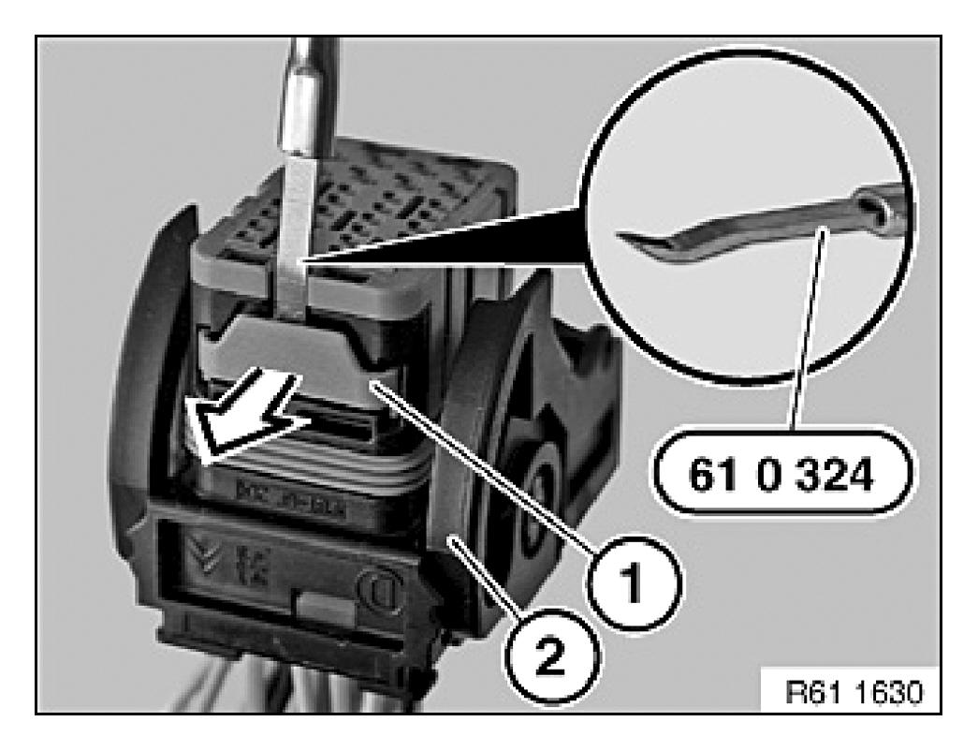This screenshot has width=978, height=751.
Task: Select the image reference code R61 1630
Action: [854, 692]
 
